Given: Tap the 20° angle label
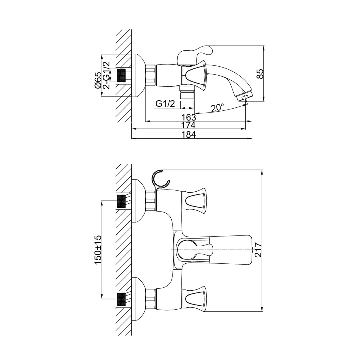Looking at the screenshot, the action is tap(217, 108).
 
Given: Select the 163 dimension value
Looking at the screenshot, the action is tap(189, 117).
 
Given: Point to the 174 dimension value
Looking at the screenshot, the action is tap(189, 125).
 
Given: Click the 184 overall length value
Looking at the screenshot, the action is tap(189, 134).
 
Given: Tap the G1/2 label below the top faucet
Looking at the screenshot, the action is tap(165, 104).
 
